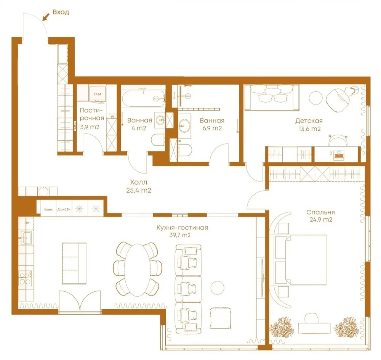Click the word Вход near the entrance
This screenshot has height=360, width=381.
[61, 12]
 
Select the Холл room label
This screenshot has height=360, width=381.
[138, 182]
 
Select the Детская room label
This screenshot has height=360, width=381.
[309, 121]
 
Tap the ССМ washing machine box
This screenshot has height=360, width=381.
[97, 93]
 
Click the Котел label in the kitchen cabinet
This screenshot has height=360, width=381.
[48, 209]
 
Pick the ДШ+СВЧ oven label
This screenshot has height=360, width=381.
[63, 209]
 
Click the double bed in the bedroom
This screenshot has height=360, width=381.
[301, 259]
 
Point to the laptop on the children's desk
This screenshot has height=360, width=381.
[338, 154]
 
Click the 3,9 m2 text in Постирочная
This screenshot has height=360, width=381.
[90, 127]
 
